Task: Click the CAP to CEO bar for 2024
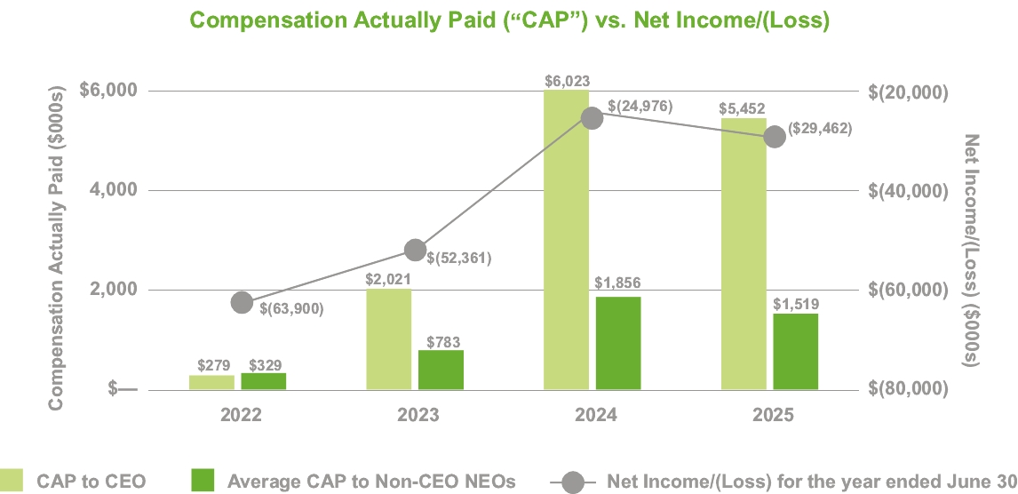pos(567,240)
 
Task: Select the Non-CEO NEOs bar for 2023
pos(441,370)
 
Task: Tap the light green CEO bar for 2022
pos(211,382)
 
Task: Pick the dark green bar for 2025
pos(795,351)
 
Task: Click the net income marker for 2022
pos(242,302)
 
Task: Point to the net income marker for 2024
pos(592,117)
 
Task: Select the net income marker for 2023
pos(415,250)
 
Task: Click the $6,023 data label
pos(567,80)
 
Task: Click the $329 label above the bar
pos(264,364)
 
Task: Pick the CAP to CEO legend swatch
pos(12,481)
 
